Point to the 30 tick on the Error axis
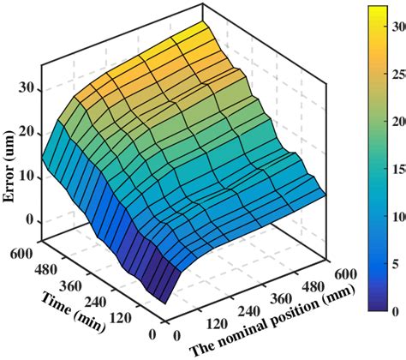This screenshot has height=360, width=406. tap(27, 87)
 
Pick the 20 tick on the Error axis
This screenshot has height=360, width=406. tap(27, 132)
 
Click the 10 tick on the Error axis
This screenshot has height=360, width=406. tap(27, 177)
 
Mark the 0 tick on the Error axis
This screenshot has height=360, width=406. tap(32, 221)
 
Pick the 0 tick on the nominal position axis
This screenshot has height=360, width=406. tap(176, 335)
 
